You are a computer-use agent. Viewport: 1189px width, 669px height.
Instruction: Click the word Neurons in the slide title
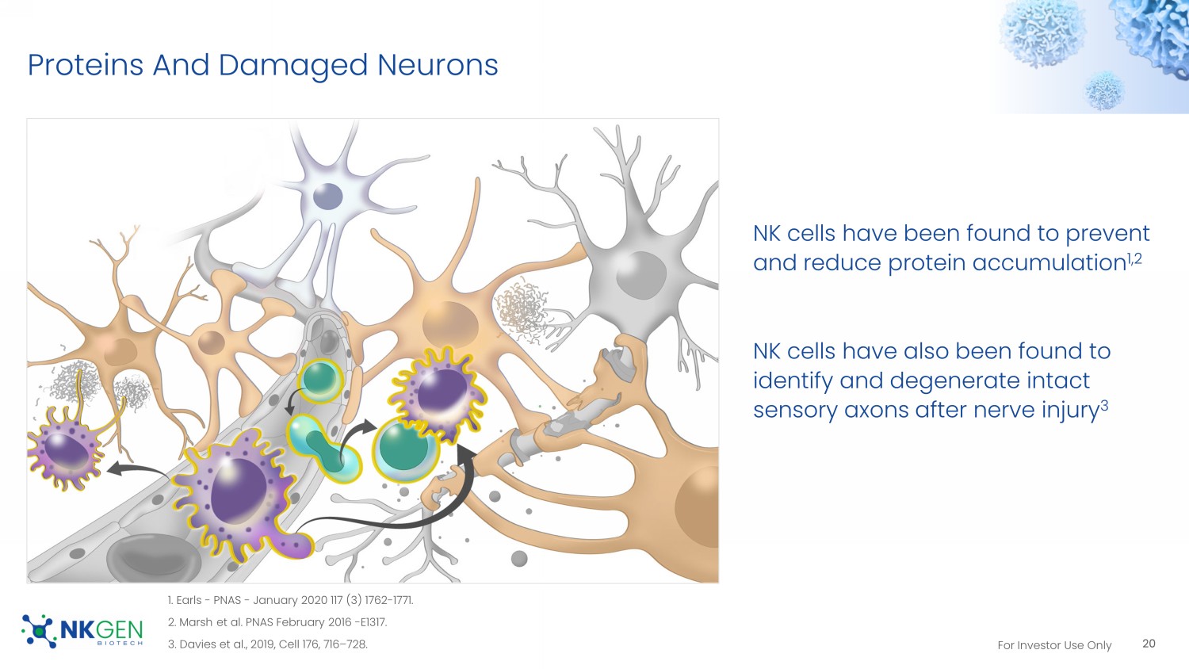point(438,65)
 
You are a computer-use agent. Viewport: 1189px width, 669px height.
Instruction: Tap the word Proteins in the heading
point(86,65)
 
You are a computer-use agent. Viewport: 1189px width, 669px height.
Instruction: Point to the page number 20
point(1149,644)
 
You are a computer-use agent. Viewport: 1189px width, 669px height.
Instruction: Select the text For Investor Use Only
point(1054,645)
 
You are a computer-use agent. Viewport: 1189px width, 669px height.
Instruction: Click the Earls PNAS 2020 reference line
point(290,600)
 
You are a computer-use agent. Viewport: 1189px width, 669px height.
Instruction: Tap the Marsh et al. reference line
point(277,622)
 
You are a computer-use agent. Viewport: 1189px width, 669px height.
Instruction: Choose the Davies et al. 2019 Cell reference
point(267,644)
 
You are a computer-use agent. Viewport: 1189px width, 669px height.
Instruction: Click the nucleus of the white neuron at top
point(327,196)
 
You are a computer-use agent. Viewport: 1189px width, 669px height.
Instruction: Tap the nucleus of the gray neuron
point(640,274)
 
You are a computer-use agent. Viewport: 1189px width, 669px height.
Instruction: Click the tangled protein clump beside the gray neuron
point(522,309)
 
